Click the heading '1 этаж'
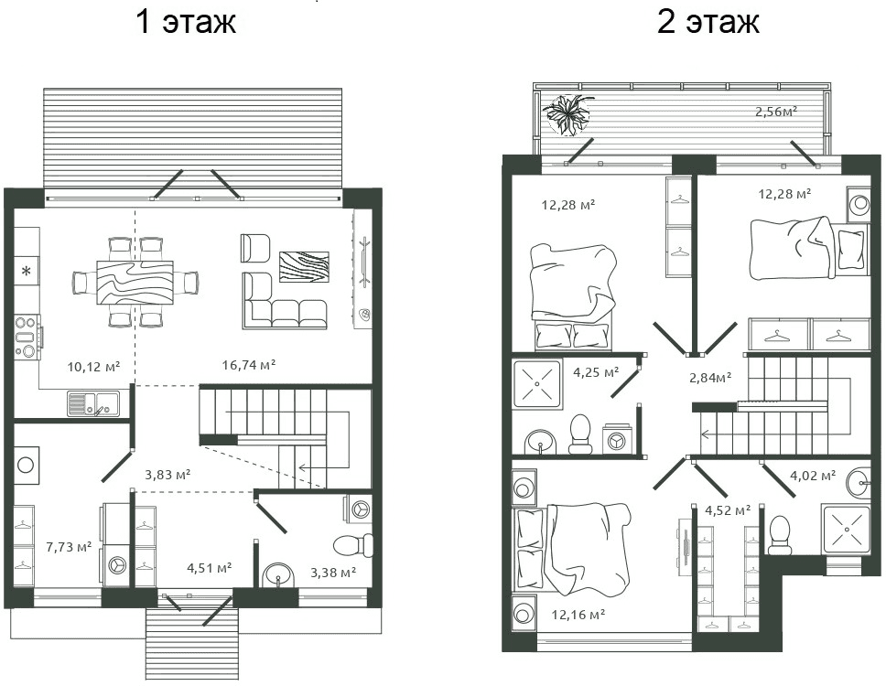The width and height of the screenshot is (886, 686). point(186,22)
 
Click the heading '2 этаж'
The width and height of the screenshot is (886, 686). point(708,22)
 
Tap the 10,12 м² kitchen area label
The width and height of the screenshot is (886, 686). point(93,367)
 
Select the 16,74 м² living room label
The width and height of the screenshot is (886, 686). point(249,365)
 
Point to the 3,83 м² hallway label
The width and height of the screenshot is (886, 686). point(167,475)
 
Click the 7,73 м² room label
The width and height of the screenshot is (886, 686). point(69,547)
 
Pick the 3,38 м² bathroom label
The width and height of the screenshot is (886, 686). point(333,573)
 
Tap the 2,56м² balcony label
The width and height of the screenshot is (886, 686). point(776,112)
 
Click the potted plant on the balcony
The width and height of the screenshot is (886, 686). point(567,113)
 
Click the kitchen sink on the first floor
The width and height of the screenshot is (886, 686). point(93,403)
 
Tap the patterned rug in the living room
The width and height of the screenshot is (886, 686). point(304,266)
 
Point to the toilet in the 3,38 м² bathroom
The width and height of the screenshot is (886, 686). point(353,546)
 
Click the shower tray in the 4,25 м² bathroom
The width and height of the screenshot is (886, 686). point(536,383)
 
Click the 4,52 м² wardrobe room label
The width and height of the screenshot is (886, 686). point(728,511)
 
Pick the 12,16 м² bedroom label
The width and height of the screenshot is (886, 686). point(578,615)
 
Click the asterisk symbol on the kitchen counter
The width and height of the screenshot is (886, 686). point(27,272)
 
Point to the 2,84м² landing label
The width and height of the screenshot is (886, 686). point(711,378)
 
